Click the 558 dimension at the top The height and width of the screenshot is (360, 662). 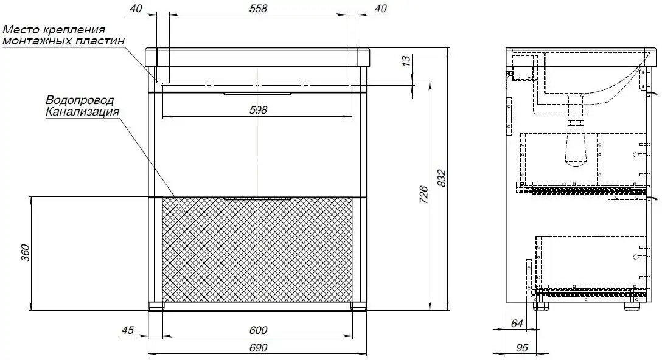click(258, 8)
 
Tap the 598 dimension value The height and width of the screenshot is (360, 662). click(258, 110)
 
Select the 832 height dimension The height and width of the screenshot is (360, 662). click(441, 179)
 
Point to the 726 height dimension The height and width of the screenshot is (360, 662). click(423, 195)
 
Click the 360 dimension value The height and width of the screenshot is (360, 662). click(26, 252)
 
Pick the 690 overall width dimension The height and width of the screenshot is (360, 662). click(258, 348)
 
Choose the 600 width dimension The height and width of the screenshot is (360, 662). click(258, 330)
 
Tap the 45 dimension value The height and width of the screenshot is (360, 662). click(127, 330)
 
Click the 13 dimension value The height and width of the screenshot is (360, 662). click(406, 60)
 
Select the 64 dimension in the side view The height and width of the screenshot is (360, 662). click(517, 324)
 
